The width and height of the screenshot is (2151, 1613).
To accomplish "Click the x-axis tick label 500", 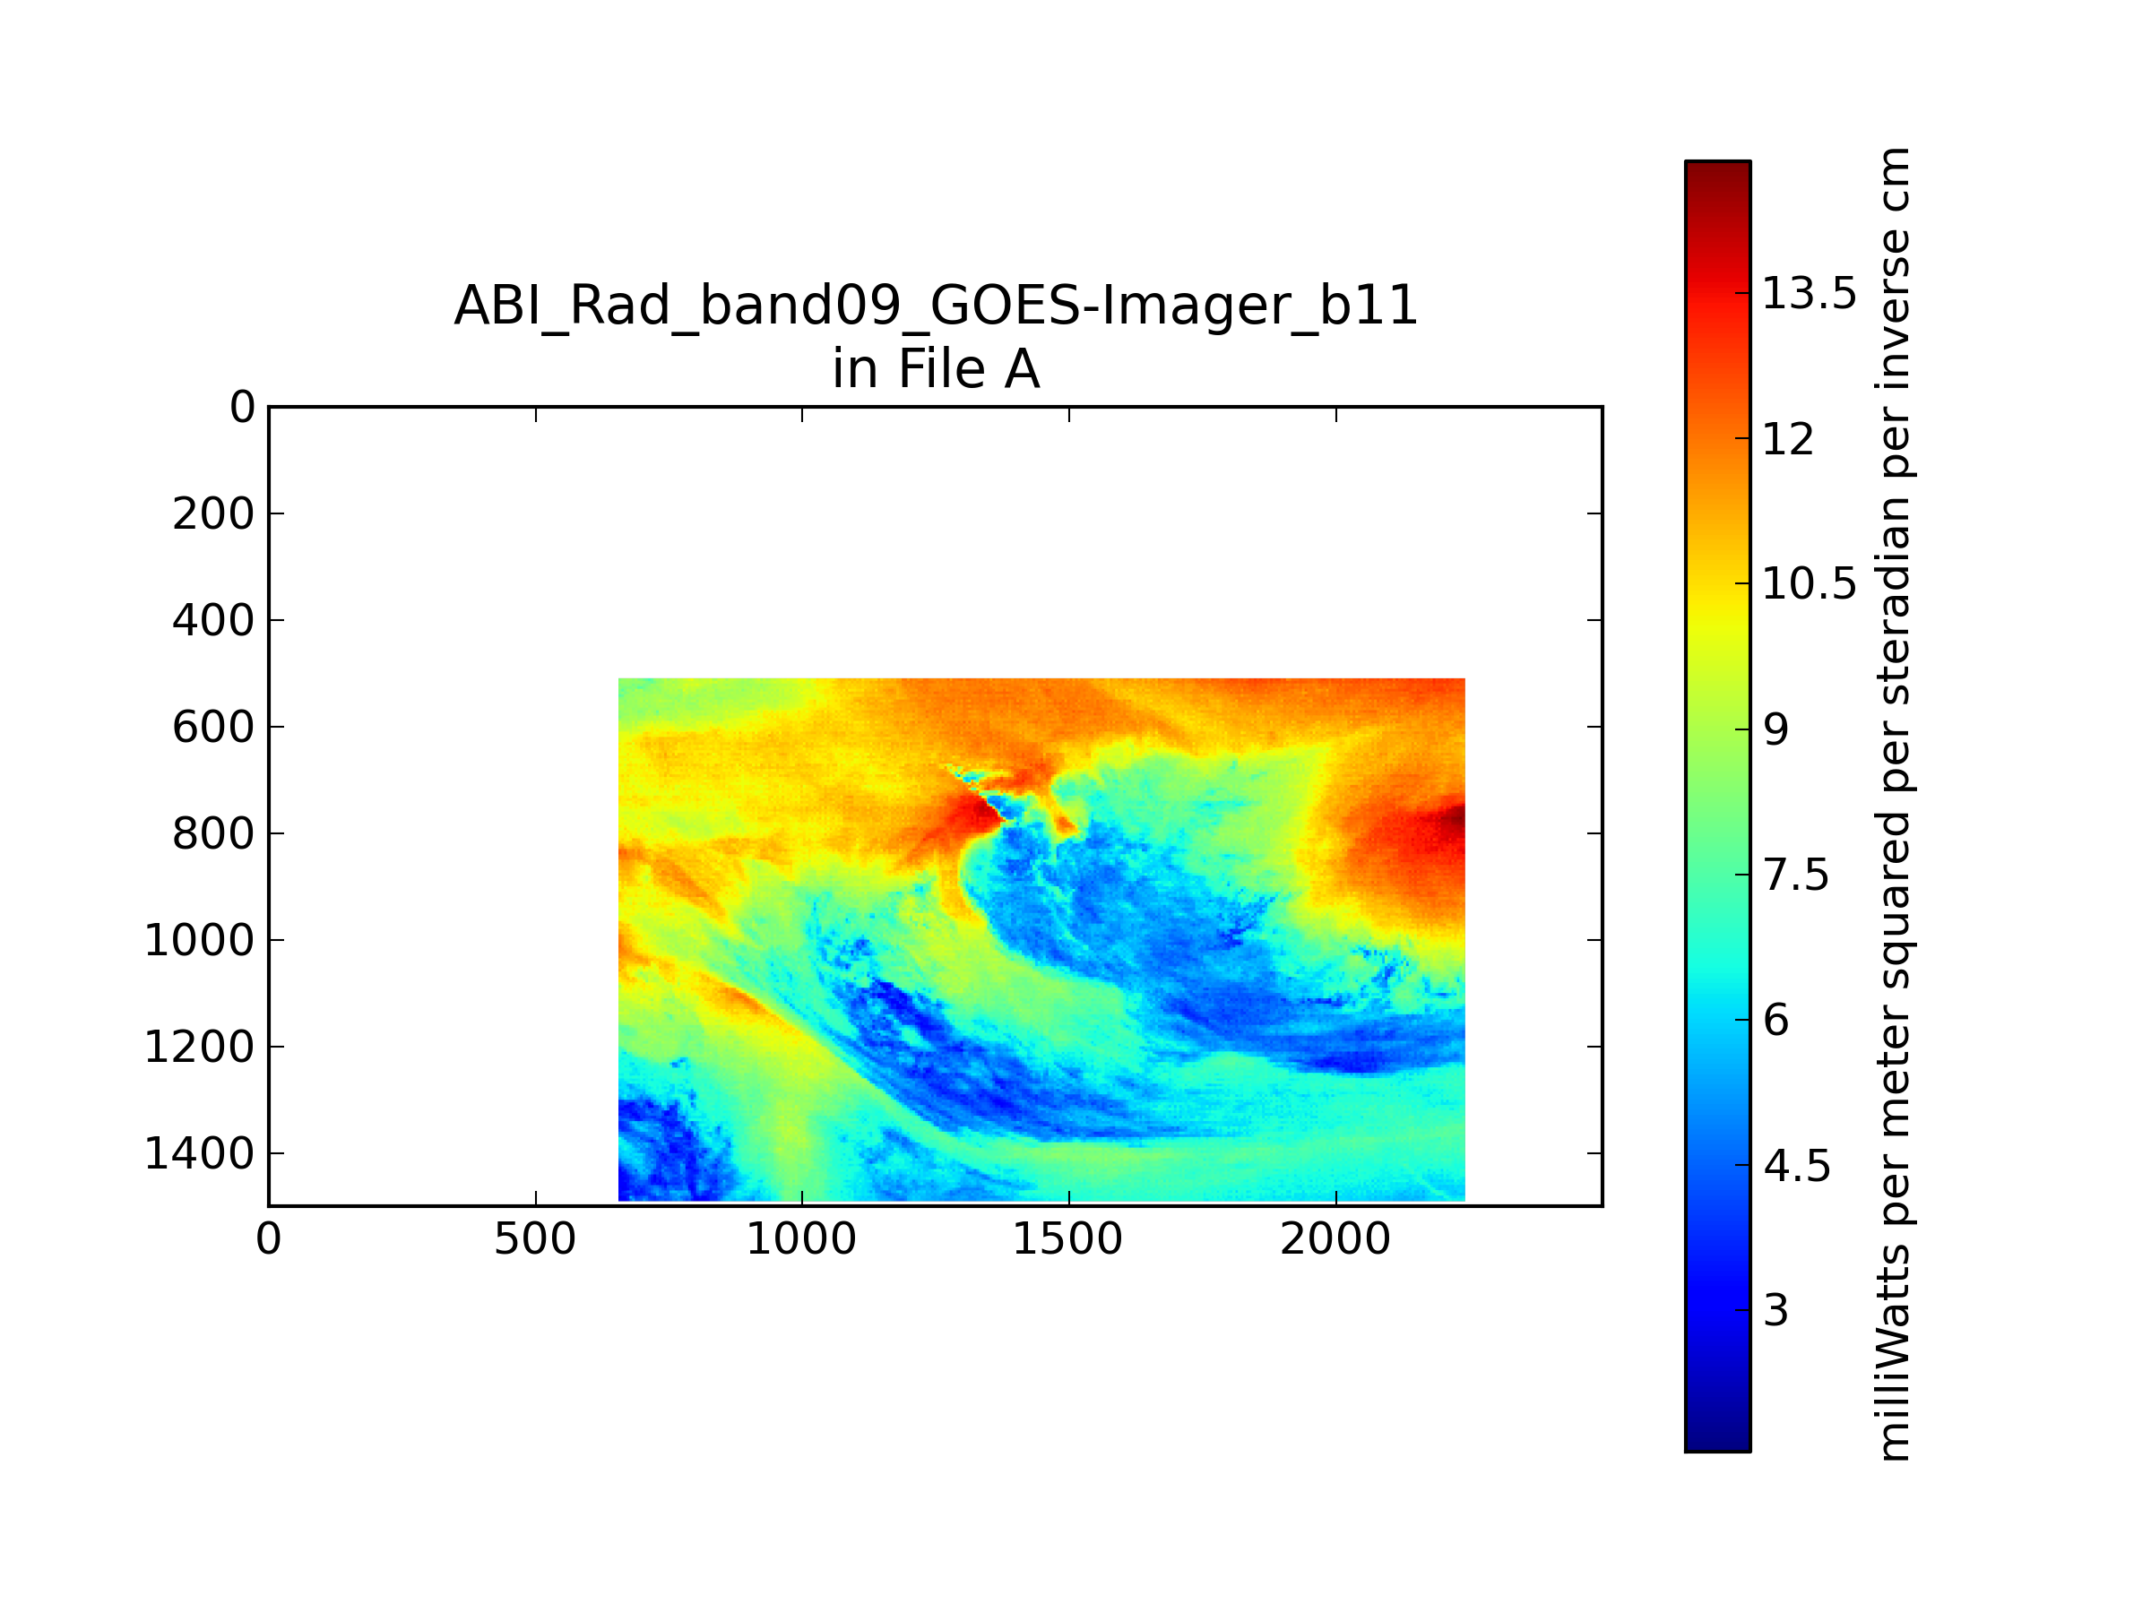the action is pyautogui.click(x=535, y=1239).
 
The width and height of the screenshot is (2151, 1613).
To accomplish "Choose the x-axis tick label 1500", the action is pyautogui.click(x=1067, y=1239).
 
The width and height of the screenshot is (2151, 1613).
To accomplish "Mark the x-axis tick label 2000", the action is pyautogui.click(x=1335, y=1239).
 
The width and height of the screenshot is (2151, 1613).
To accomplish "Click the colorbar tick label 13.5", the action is pyautogui.click(x=1809, y=293).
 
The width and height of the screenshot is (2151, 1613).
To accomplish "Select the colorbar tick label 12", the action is pyautogui.click(x=1788, y=438).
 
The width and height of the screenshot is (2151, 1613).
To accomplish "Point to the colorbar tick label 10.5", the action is pyautogui.click(x=1809, y=583).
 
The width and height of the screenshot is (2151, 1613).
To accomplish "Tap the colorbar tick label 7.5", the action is pyautogui.click(x=1796, y=875).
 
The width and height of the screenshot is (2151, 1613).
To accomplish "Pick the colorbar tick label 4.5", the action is pyautogui.click(x=1796, y=1166).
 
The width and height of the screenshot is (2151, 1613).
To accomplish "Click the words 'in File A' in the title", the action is pyautogui.click(x=936, y=369).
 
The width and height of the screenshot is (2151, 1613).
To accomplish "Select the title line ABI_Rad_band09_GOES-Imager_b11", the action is pyautogui.click(x=936, y=306).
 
